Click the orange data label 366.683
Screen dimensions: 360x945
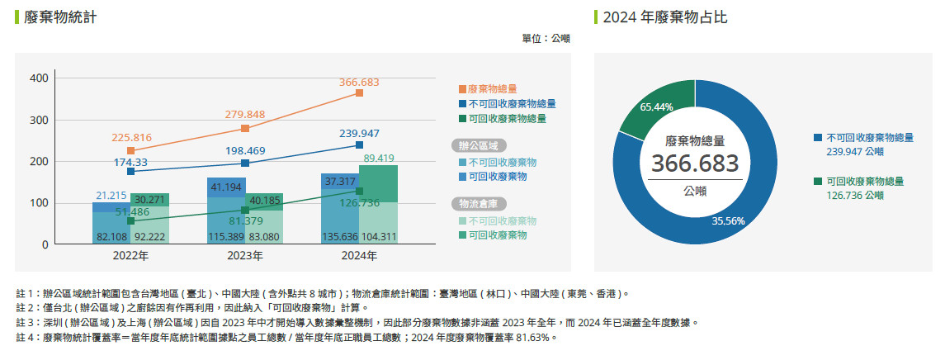click(358, 83)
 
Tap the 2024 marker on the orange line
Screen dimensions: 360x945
click(359, 93)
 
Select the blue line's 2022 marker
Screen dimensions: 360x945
click(130, 172)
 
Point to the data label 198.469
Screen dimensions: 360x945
click(244, 151)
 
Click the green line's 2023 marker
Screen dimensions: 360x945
click(245, 210)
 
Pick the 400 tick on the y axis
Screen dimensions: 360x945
click(40, 78)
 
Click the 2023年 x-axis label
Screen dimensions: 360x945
click(245, 257)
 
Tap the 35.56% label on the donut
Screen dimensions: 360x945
click(729, 220)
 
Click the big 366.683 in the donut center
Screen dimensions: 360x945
click(695, 163)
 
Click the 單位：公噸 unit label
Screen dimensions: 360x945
click(546, 38)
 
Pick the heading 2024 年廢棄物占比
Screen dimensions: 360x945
click(664, 17)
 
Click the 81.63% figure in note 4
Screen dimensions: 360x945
click(538, 338)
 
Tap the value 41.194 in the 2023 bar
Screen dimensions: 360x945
click(226, 187)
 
